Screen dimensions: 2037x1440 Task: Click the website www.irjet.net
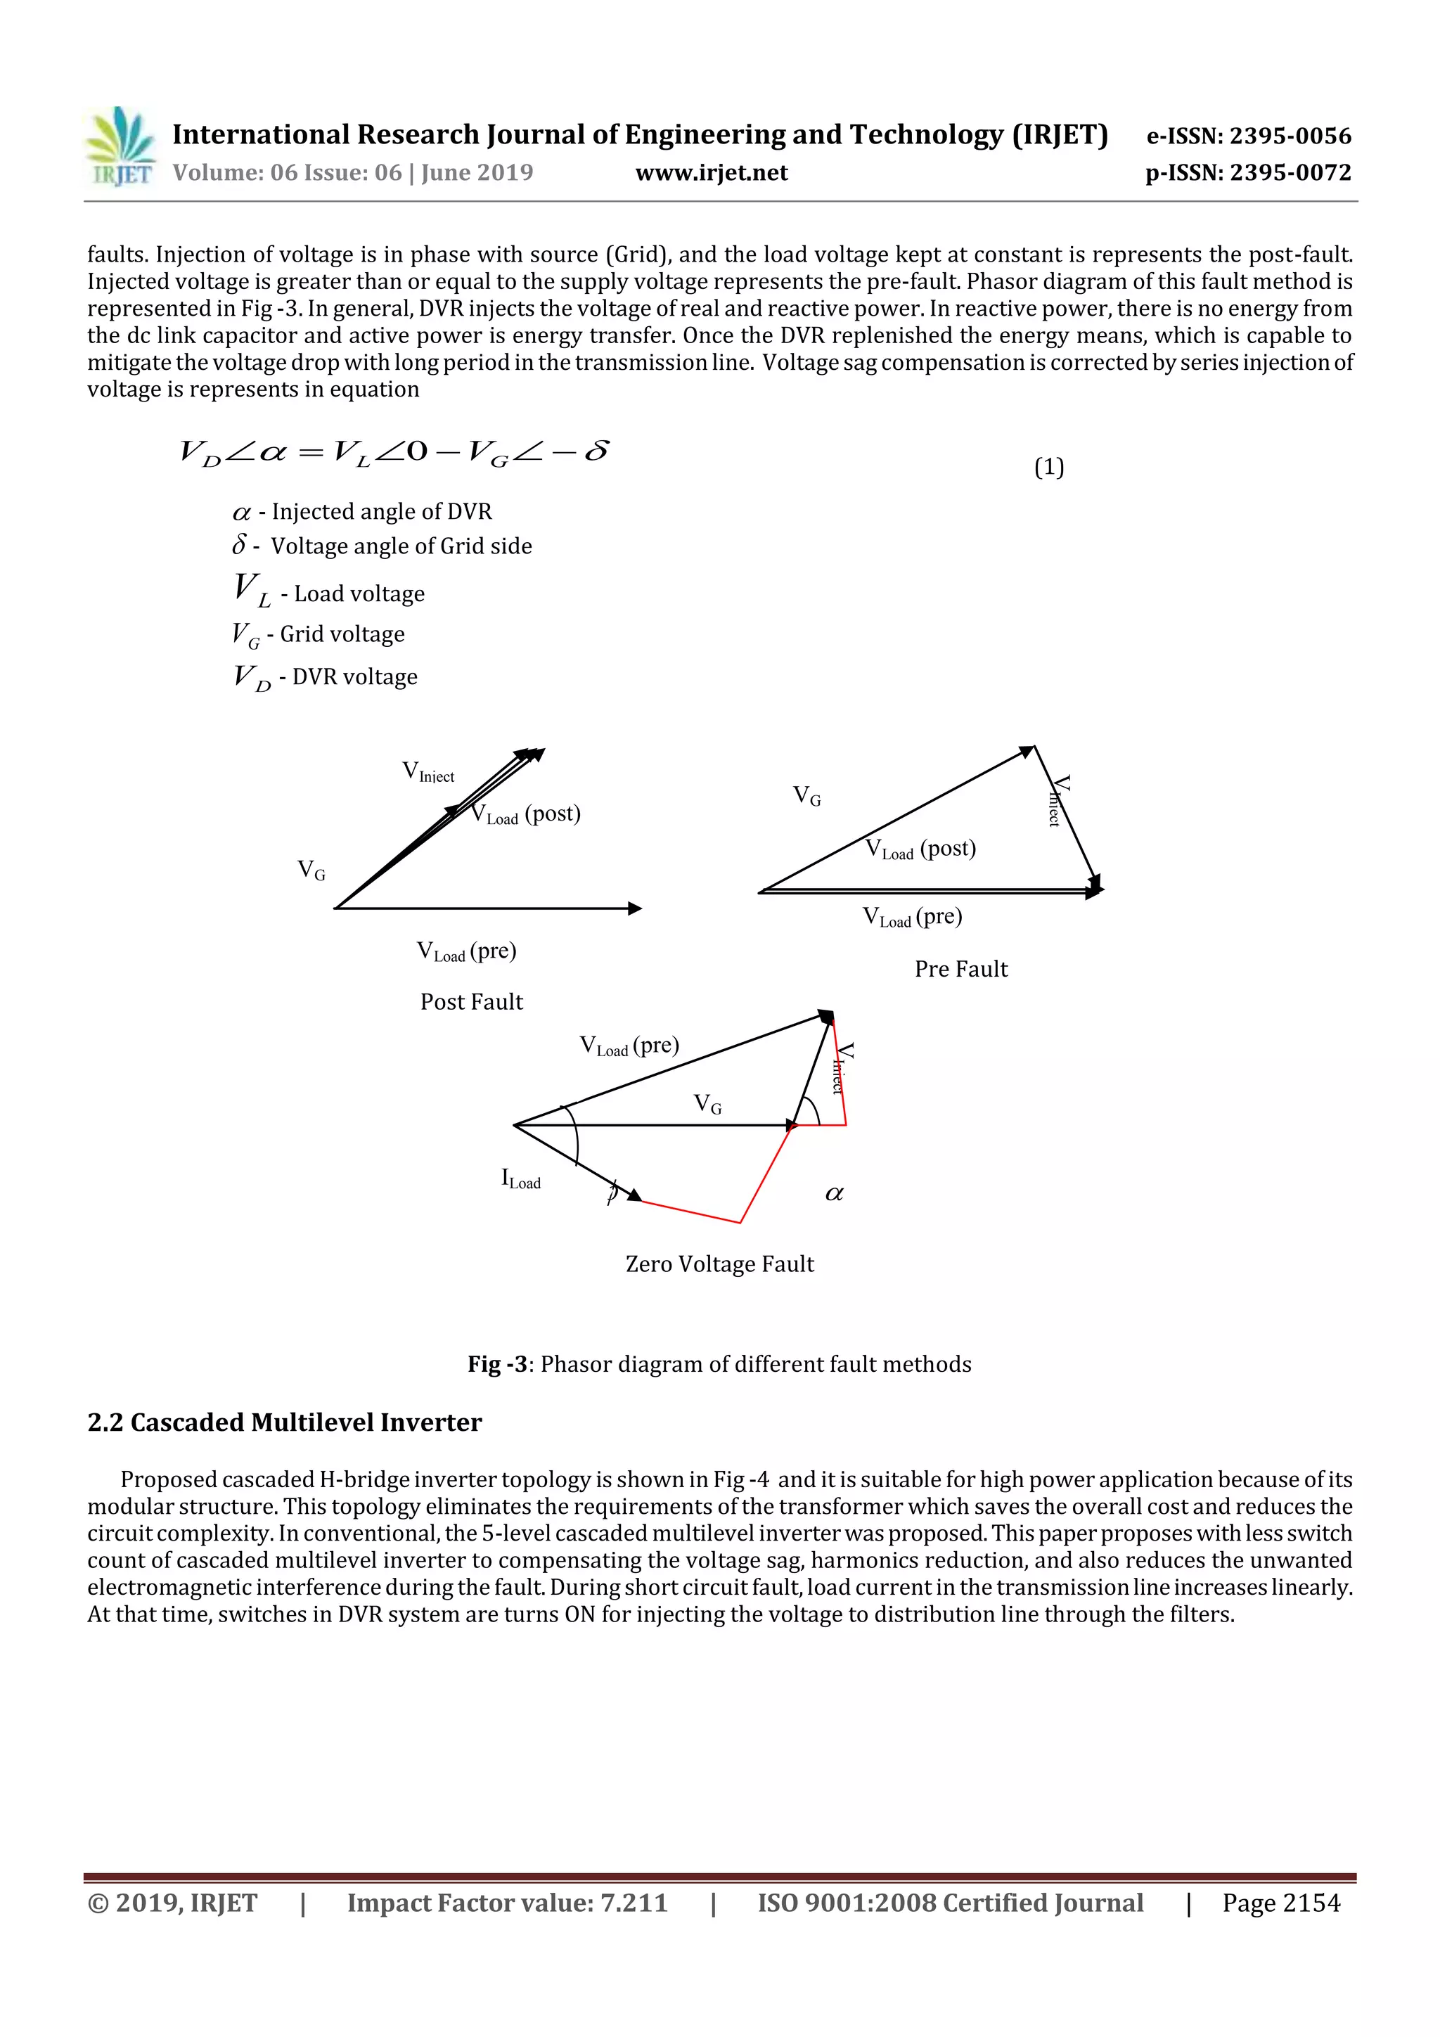pyautogui.click(x=712, y=173)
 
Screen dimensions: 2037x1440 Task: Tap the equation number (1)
pyautogui.click(x=1049, y=467)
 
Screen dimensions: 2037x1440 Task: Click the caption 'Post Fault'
pyautogui.click(x=471, y=1002)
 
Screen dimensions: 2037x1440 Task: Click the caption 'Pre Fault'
pyautogui.click(x=961, y=969)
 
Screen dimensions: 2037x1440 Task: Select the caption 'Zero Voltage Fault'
pyautogui.click(x=719, y=1264)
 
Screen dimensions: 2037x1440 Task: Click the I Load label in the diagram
pyautogui.click(x=521, y=1179)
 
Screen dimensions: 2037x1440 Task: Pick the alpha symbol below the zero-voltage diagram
pyautogui.click(x=834, y=1194)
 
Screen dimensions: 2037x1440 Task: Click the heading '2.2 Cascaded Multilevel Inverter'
pyautogui.click(x=284, y=1422)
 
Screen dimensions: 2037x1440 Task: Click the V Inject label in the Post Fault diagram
pyautogui.click(x=427, y=772)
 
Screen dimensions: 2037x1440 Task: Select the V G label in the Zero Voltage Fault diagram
pyautogui.click(x=707, y=1105)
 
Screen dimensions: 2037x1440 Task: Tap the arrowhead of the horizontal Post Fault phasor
pyautogui.click(x=634, y=908)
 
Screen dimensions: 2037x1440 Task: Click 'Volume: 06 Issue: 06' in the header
pyautogui.click(x=287, y=173)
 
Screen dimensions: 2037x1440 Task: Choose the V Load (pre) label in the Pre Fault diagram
pyautogui.click(x=912, y=916)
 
